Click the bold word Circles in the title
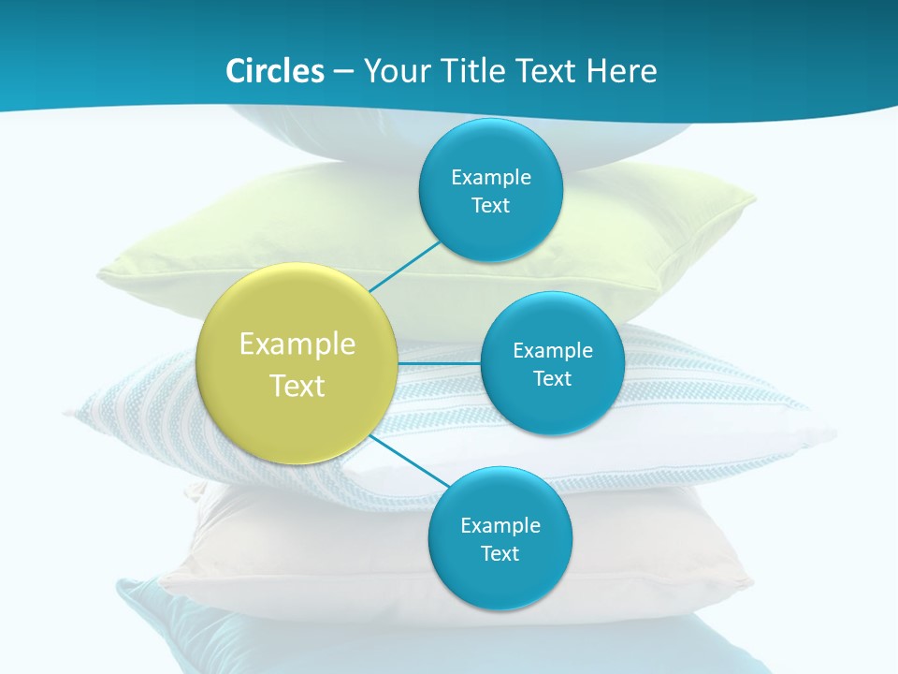pos(274,71)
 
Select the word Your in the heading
pos(394,71)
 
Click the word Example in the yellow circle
pos(297,344)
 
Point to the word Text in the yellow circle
pos(297,386)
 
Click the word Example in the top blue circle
pos(491,178)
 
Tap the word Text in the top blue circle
pos(490,206)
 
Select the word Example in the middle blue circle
pos(553,351)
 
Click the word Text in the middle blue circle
pos(552,379)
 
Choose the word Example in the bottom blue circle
pos(500,526)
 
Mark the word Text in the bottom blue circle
pos(500,554)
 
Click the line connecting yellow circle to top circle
pos(404,266)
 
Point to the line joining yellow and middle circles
pos(440,362)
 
